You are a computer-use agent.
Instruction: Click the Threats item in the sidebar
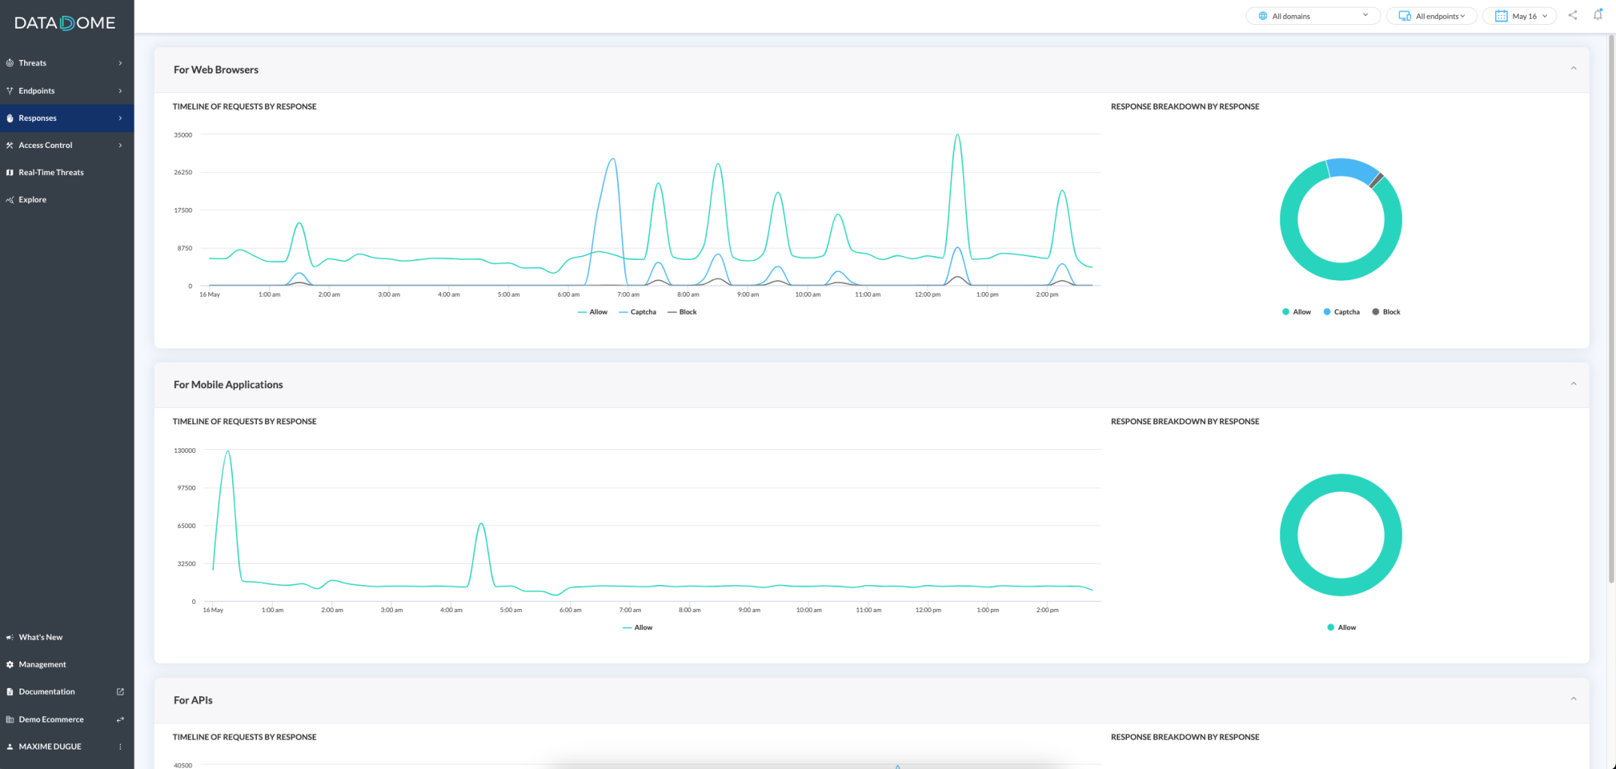pyautogui.click(x=32, y=63)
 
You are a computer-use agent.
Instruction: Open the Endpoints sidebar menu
pyautogui.click(x=36, y=91)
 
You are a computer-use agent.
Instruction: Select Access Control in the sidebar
pyautogui.click(x=45, y=145)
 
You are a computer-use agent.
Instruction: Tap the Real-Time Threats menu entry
pyautogui.click(x=51, y=172)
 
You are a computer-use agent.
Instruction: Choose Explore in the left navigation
pyautogui.click(x=32, y=200)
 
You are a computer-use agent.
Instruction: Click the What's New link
pyautogui.click(x=41, y=637)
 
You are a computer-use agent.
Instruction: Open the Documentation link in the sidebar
pyautogui.click(x=47, y=692)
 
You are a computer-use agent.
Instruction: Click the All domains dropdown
pyautogui.click(x=1312, y=16)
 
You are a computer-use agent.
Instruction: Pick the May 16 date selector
pyautogui.click(x=1520, y=16)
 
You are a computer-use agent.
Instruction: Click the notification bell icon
pyautogui.click(x=1597, y=15)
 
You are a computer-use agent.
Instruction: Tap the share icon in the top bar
pyautogui.click(x=1572, y=15)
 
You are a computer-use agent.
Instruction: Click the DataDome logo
pyautogui.click(x=65, y=23)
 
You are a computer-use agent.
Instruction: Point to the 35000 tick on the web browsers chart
pyautogui.click(x=183, y=135)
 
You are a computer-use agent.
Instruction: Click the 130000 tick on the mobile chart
pyautogui.click(x=185, y=451)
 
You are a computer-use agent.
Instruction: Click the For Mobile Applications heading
pyautogui.click(x=228, y=384)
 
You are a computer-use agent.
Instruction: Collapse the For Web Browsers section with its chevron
pyautogui.click(x=1573, y=69)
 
